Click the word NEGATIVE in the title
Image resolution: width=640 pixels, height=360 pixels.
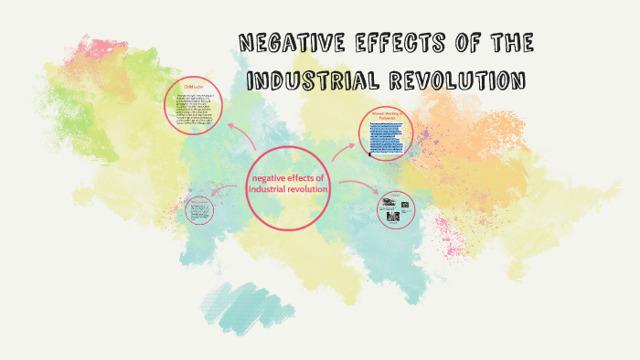[290, 44]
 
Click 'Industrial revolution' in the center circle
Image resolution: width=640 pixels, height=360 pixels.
[287, 189]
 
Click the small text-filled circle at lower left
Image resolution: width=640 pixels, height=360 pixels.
[197, 211]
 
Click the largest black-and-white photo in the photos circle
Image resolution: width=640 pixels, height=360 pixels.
[387, 206]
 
